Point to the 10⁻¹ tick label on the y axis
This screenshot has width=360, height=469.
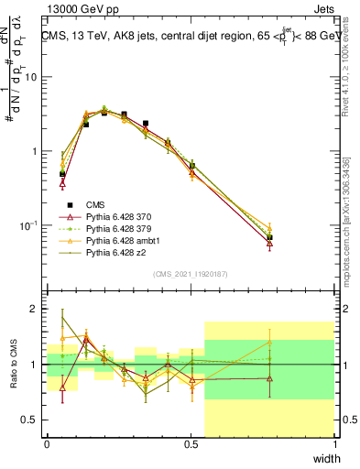tap(27, 224)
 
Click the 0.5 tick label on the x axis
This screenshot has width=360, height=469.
tap(191, 444)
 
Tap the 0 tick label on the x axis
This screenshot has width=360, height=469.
tap(47, 444)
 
